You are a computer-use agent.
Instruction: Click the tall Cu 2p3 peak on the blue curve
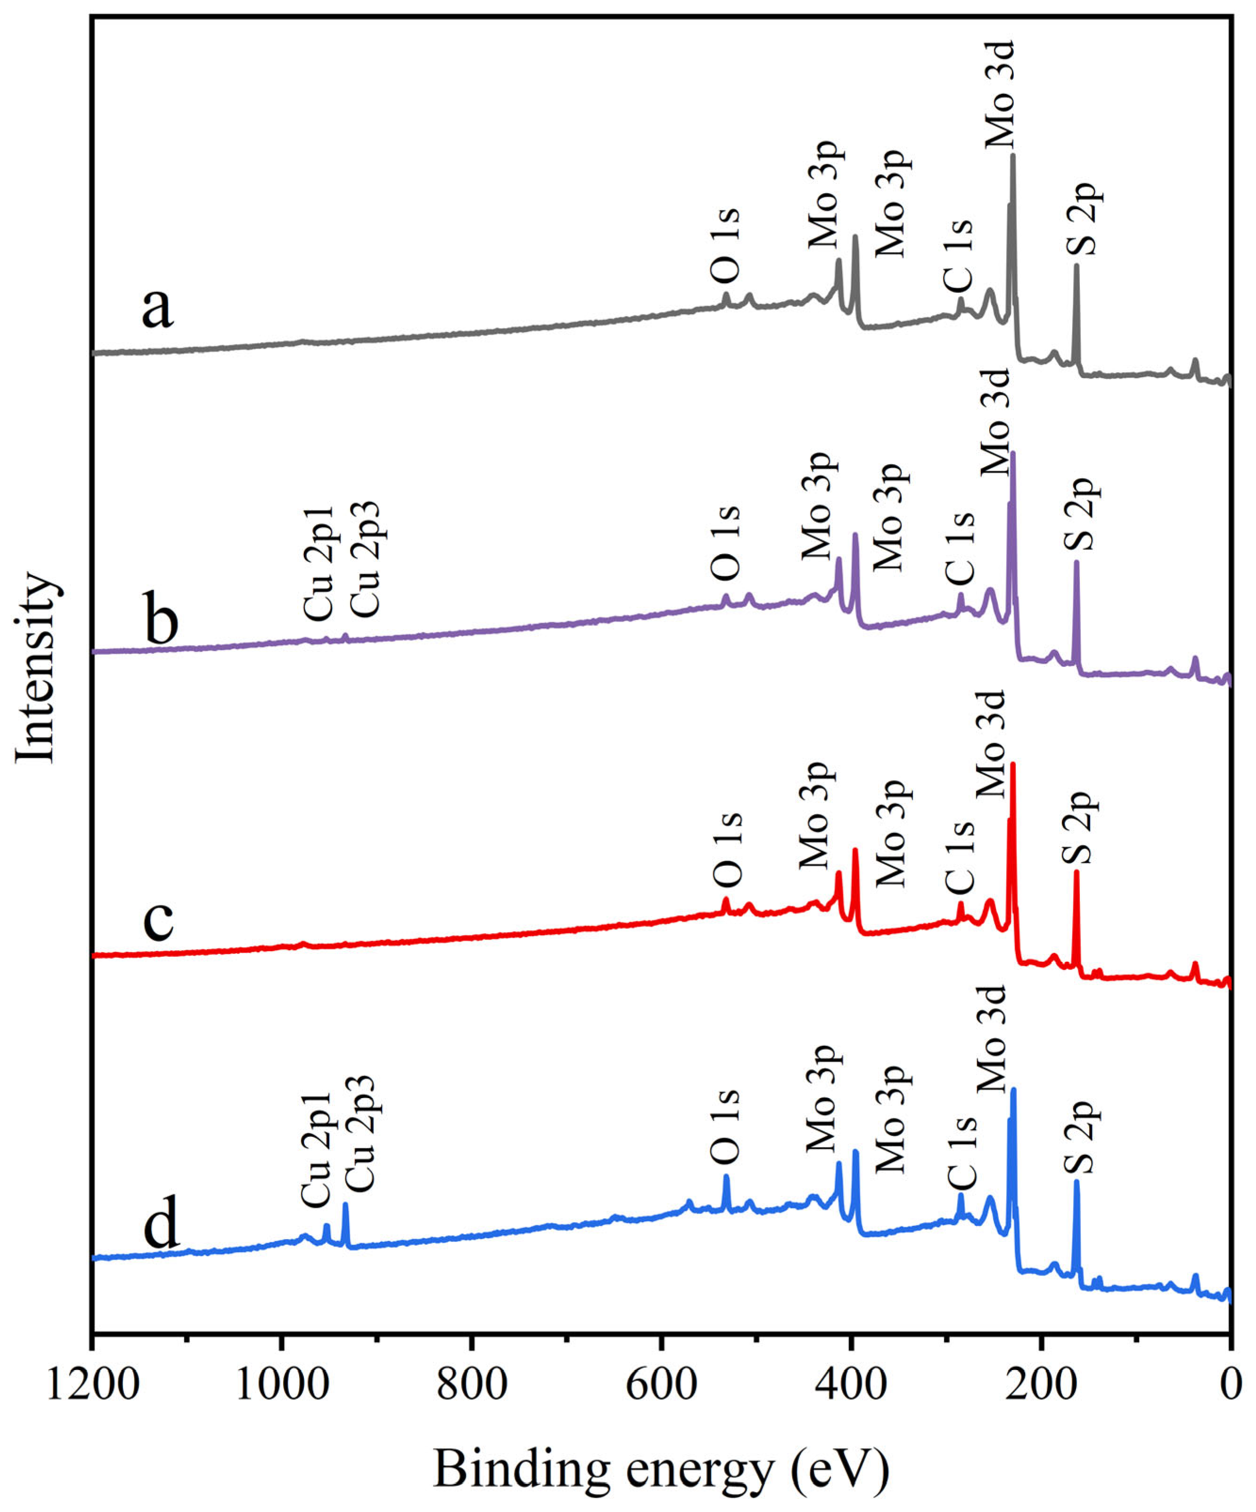click(x=345, y=1205)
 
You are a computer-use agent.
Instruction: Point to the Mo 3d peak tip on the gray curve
click(x=1013, y=155)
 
